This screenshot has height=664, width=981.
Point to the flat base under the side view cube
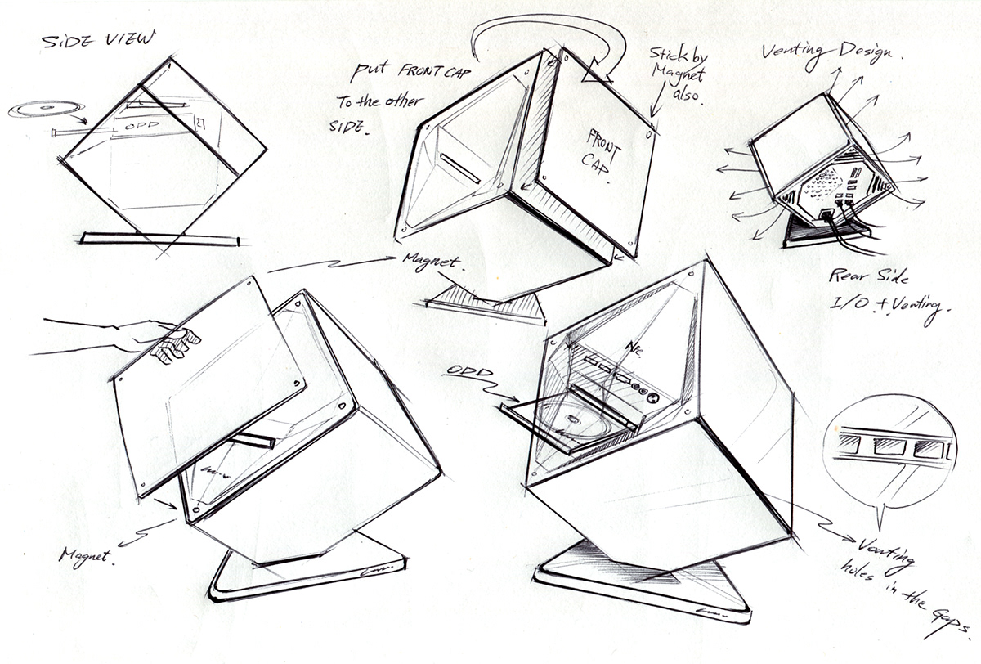click(159, 240)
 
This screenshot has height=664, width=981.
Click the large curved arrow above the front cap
click(531, 37)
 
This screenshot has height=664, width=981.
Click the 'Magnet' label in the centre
click(432, 263)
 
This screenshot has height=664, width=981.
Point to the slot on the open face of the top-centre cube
click(460, 166)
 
